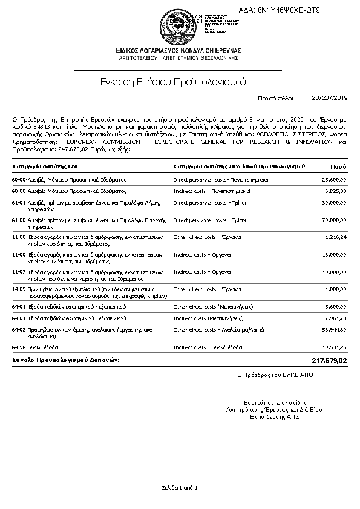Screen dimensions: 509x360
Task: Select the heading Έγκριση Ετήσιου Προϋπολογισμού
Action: click(x=179, y=80)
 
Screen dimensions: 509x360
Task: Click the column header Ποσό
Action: click(x=338, y=166)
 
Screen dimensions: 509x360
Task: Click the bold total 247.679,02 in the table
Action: click(x=330, y=360)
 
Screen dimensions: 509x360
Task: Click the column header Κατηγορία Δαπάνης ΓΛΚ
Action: click(x=45, y=166)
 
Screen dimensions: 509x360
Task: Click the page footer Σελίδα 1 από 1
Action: click(x=180, y=487)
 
